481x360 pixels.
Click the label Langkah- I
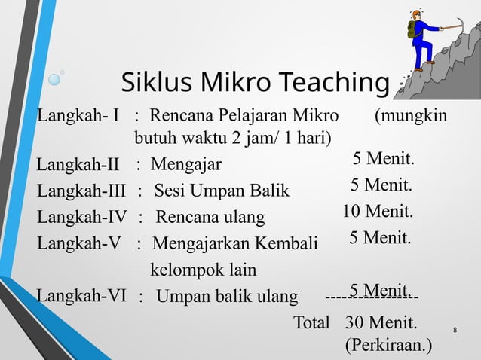pos(78,117)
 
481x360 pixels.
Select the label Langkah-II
pos(78,163)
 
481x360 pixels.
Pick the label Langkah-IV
pos(82,218)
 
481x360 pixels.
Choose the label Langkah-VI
pos(81,295)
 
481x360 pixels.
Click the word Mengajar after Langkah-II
pos(186,163)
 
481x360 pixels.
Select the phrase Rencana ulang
pos(210,218)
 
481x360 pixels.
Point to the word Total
pos(311,324)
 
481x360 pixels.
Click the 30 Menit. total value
pos(380,324)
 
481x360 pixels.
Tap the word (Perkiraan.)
pos(388,346)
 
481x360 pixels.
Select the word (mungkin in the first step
pos(410,117)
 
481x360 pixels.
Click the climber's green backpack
pos(413,30)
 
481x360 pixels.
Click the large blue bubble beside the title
pos(55,78)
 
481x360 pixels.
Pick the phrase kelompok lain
pos(204,270)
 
